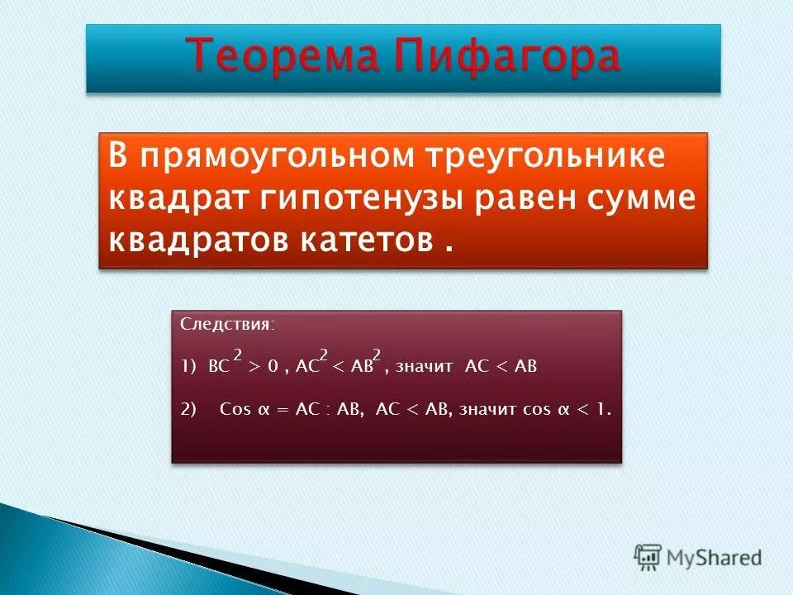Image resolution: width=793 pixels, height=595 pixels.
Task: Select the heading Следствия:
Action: (x=228, y=325)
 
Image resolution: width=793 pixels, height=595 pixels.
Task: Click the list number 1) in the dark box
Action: (x=188, y=367)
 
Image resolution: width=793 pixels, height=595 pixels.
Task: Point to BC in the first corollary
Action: (x=219, y=367)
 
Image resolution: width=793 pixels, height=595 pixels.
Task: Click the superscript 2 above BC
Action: (x=237, y=355)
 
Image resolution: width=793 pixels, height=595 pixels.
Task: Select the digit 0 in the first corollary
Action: (x=272, y=367)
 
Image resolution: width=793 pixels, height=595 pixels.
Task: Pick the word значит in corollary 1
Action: (x=424, y=367)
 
